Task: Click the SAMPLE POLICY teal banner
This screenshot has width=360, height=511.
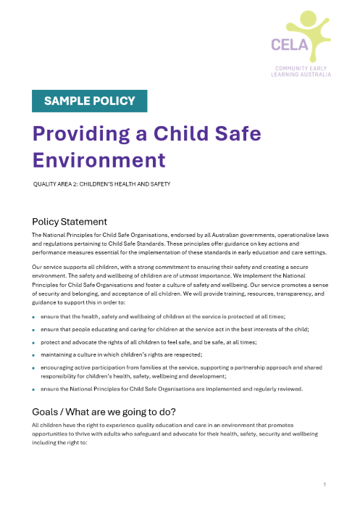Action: tap(90, 101)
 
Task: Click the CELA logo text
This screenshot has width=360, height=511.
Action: tap(289, 44)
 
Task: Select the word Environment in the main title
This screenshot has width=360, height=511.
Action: tap(99, 159)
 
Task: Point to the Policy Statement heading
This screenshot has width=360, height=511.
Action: tap(70, 222)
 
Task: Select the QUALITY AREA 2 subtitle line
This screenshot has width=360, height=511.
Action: tap(101, 185)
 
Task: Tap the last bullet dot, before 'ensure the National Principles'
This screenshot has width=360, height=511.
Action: tap(34, 390)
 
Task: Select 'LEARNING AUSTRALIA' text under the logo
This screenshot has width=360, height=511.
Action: tap(301, 74)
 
